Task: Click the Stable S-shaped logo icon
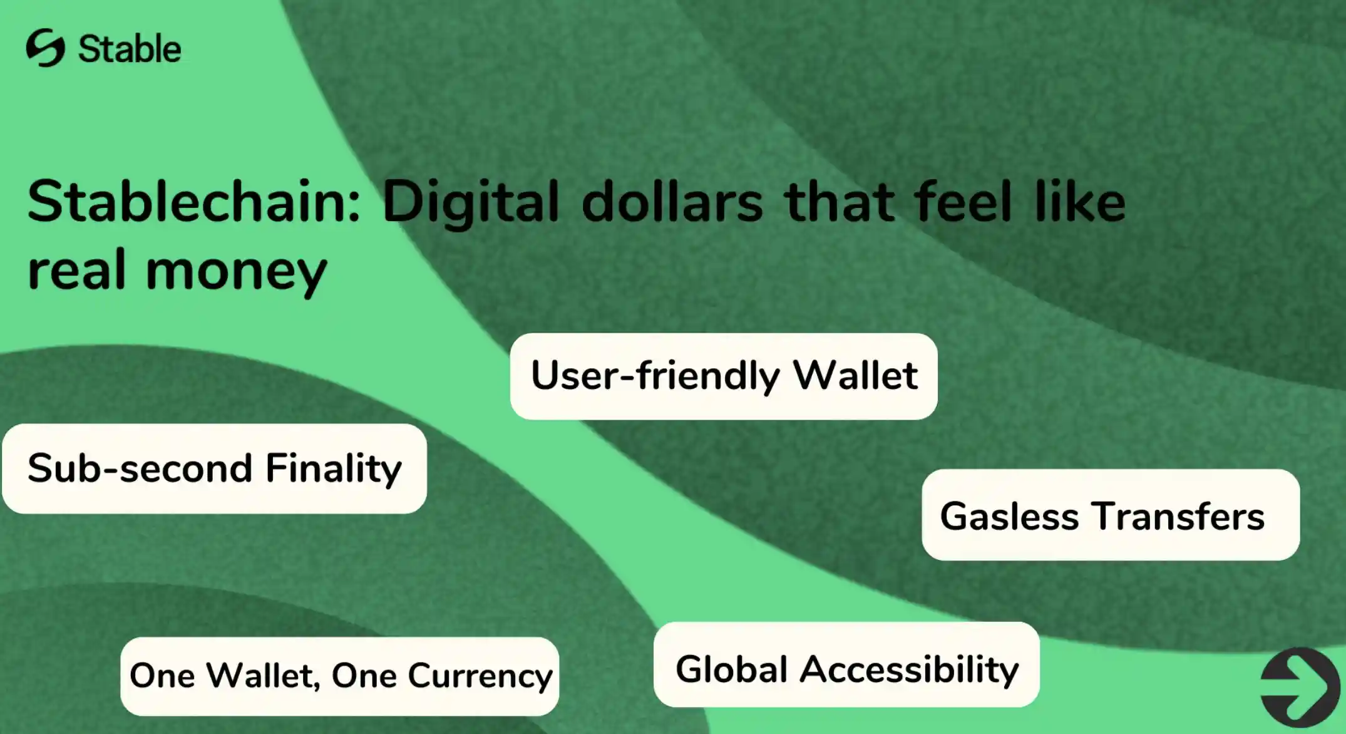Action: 45,48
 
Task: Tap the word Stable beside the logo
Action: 130,49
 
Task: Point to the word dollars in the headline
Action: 672,202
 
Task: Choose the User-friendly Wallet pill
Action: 724,376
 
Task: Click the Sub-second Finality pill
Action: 215,469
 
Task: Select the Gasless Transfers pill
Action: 1111,515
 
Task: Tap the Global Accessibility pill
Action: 846,665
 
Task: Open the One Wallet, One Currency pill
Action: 339,676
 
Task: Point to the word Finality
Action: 333,470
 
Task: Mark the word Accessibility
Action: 910,670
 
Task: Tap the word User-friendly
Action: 655,376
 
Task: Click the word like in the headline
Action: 1080,202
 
